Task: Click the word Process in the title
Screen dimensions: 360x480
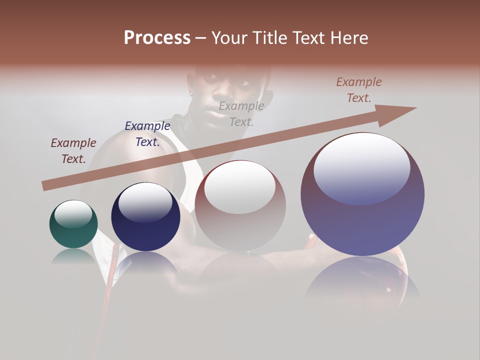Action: coord(157,38)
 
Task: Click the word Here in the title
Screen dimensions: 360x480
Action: coord(349,38)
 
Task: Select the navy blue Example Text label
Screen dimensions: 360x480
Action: coord(147,134)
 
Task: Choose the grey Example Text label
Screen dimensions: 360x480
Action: coord(241,113)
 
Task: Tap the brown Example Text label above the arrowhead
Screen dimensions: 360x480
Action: coord(359,90)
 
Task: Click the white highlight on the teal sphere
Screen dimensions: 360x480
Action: coord(73,213)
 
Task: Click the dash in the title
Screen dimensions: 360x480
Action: coord(201,38)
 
